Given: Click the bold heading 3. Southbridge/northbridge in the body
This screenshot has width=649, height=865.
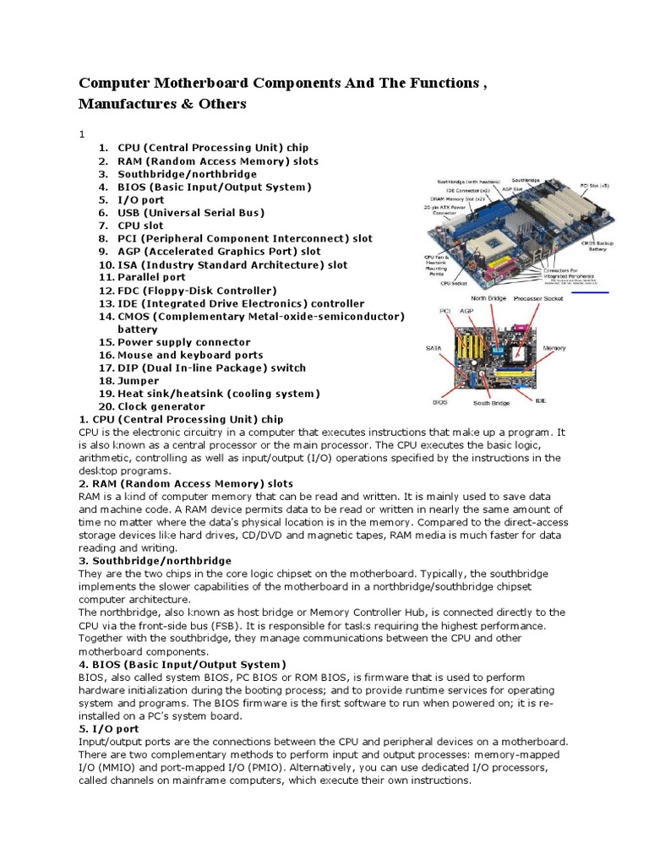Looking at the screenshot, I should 155,560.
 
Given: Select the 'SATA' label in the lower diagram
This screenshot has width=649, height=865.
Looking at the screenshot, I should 433,347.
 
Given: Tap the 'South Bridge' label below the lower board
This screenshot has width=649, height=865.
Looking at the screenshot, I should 492,403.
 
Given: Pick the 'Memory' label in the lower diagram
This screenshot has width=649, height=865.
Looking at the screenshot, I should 554,347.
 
